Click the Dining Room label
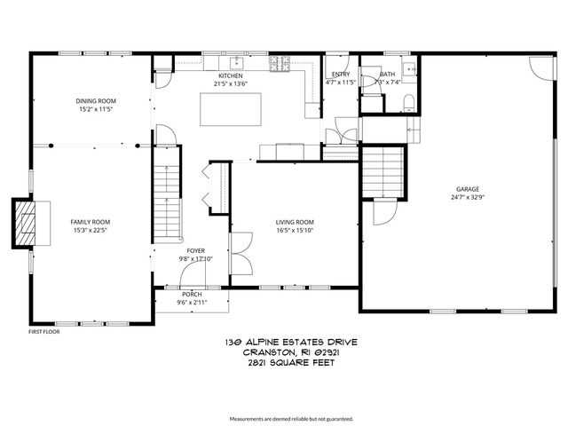[x=96, y=101]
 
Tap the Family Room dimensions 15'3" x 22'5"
[x=91, y=231]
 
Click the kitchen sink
[x=237, y=64]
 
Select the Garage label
[x=468, y=189]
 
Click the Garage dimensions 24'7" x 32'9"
[x=468, y=198]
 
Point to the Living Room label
[x=295, y=222]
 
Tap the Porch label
[x=192, y=294]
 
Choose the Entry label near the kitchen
[x=341, y=75]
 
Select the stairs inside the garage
[x=384, y=174]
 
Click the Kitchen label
[x=231, y=77]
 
